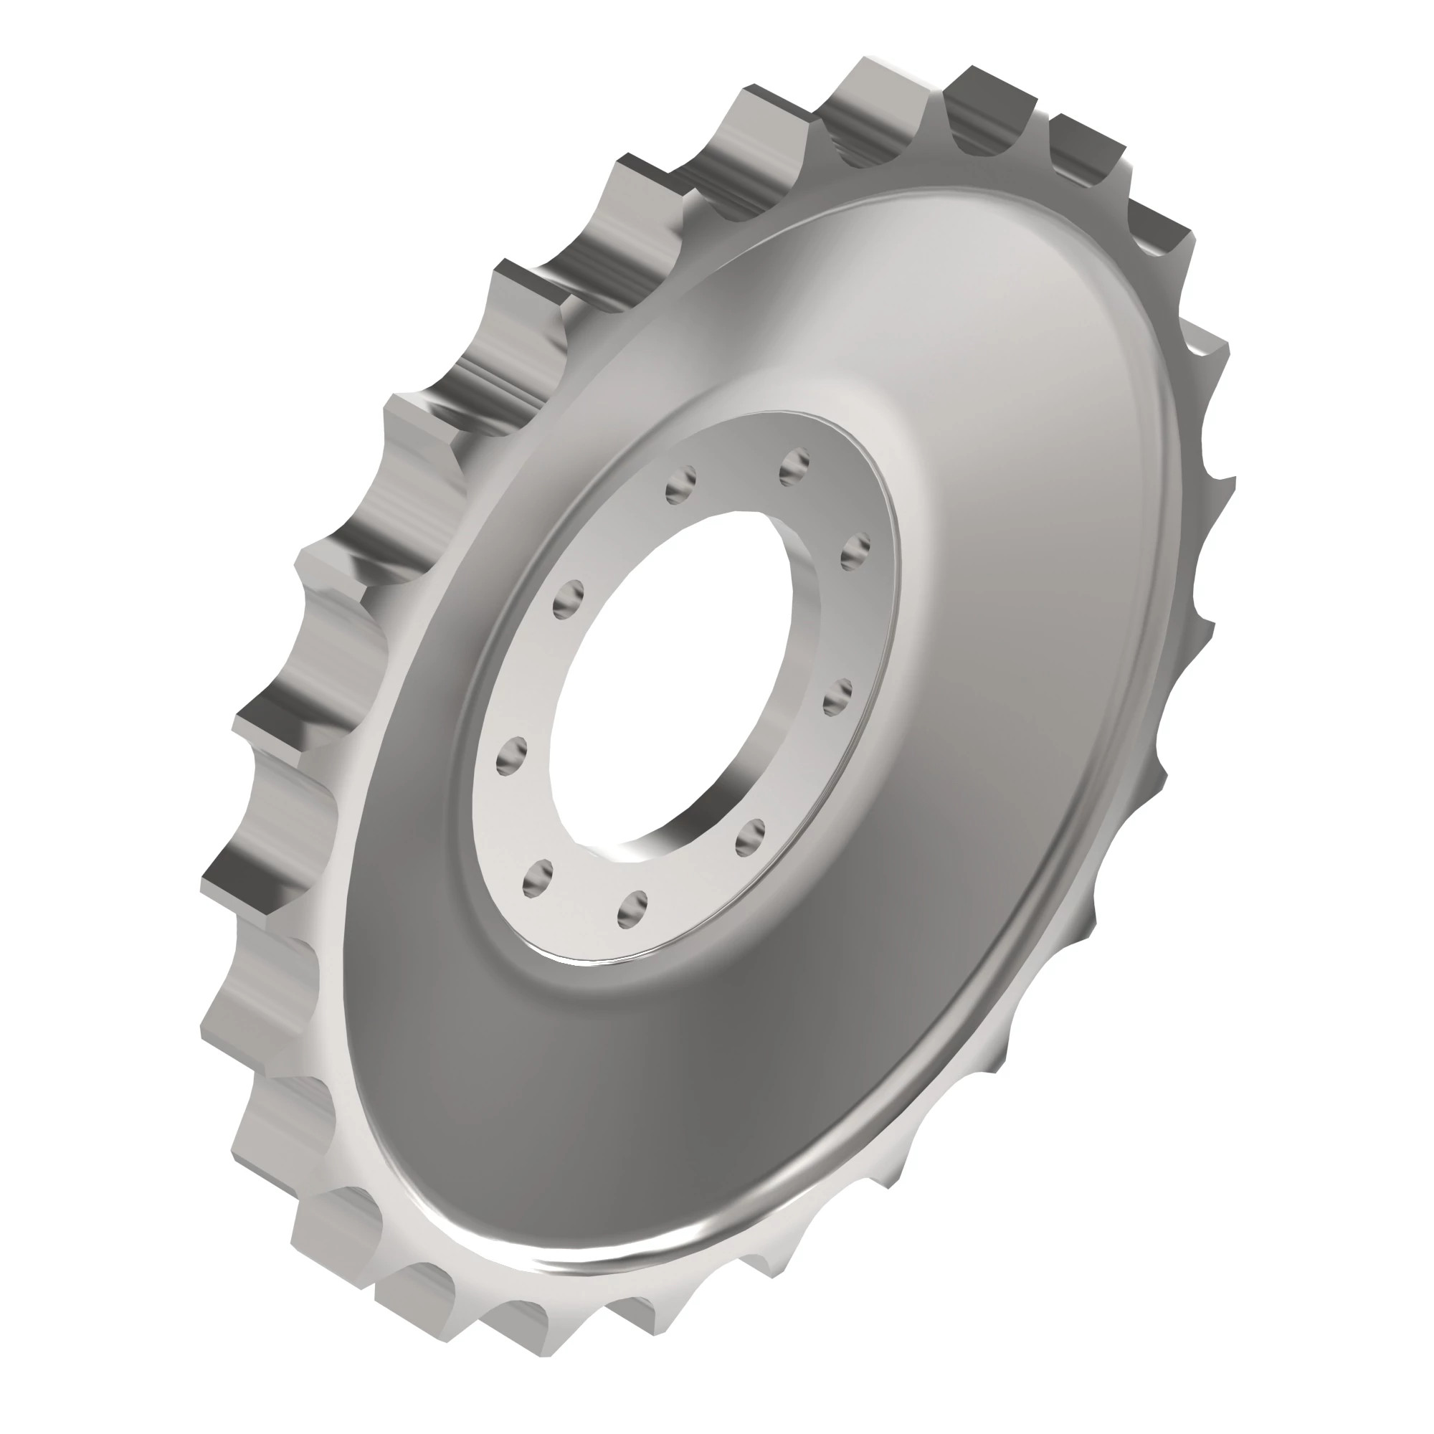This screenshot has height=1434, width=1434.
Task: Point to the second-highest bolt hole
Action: click(680, 485)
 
